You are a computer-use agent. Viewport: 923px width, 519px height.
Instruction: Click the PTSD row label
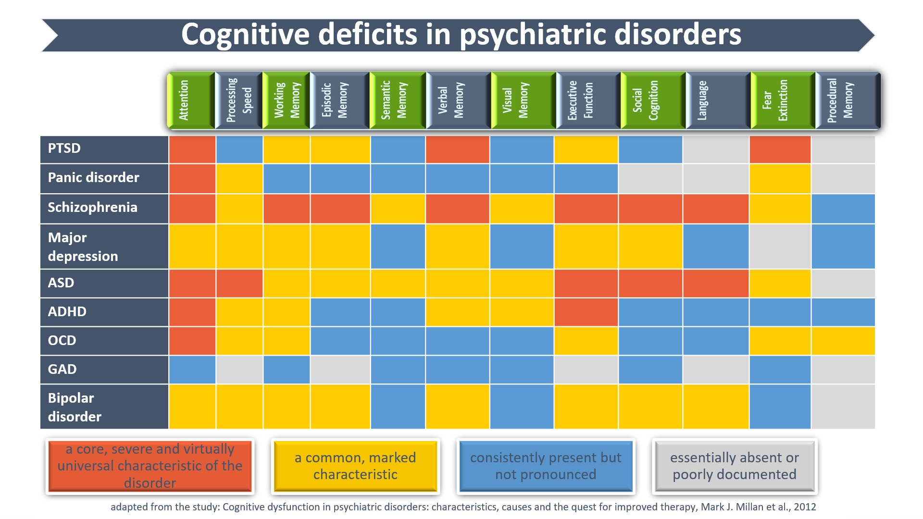pyautogui.click(x=64, y=148)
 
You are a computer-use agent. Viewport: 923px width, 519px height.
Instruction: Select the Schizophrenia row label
pyautogui.click(x=92, y=208)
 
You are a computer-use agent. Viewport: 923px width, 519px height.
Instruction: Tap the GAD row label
pyautogui.click(x=62, y=369)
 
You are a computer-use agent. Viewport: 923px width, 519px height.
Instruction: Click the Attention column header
pyautogui.click(x=191, y=100)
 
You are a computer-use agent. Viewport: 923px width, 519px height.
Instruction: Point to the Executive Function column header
pyautogui.click(x=587, y=100)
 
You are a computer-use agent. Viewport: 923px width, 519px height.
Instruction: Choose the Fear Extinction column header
pyautogui.click(x=783, y=100)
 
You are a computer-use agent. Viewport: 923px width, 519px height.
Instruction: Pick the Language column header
pyautogui.click(x=718, y=100)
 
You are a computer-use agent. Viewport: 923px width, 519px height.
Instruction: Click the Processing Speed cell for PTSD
pyautogui.click(x=239, y=149)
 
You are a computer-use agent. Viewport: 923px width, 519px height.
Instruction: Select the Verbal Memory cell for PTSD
pyautogui.click(x=457, y=149)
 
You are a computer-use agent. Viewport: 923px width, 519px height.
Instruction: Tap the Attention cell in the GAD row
pyautogui.click(x=192, y=370)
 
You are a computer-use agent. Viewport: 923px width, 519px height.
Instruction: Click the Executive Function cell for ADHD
pyautogui.click(x=586, y=312)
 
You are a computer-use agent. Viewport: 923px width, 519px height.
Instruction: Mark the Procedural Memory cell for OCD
pyautogui.click(x=843, y=341)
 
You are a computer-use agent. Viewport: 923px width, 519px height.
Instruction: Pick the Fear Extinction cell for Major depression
pyautogui.click(x=780, y=246)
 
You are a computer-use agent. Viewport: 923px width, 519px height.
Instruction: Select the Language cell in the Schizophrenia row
pyautogui.click(x=716, y=209)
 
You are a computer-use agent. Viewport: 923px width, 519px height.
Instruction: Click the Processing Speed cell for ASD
pyautogui.click(x=239, y=283)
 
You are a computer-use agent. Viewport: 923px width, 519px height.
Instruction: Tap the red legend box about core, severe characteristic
pyautogui.click(x=150, y=466)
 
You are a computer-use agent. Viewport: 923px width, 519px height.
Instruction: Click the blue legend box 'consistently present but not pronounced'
pyautogui.click(x=546, y=466)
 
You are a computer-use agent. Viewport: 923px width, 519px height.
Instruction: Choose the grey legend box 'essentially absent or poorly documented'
pyautogui.click(x=735, y=466)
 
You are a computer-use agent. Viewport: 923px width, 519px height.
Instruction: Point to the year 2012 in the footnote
pyautogui.click(x=805, y=507)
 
